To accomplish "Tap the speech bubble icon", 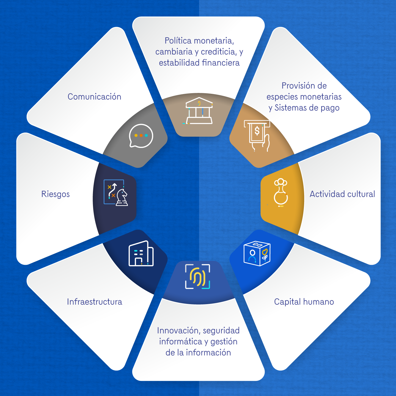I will [141, 136].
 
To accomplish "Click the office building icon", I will [141, 254].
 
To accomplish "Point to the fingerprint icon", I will [198, 276].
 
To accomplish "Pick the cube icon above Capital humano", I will [257, 253].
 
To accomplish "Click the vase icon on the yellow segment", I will [281, 193].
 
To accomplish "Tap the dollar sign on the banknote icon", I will [257, 131].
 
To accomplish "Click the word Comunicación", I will [94, 97].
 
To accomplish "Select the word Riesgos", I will [55, 194].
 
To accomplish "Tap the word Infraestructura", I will [94, 302].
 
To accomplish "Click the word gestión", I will [224, 342].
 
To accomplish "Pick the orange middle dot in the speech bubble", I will [141, 135].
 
